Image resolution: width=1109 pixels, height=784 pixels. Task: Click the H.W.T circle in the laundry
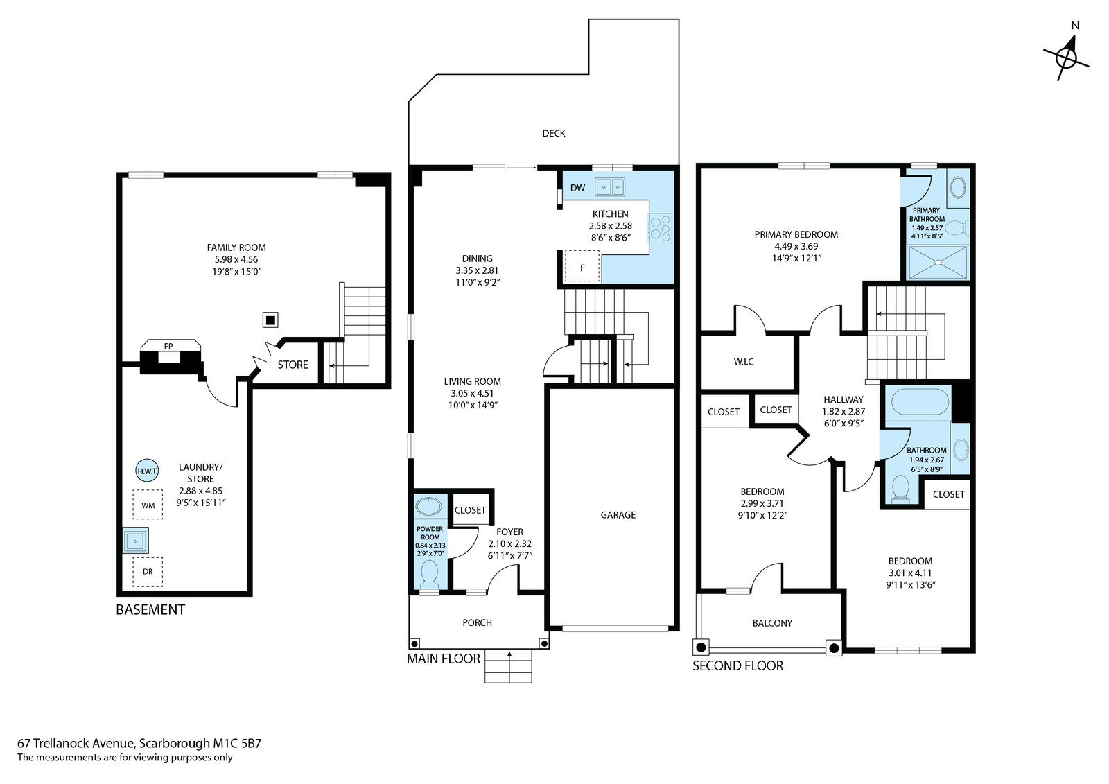tap(147, 471)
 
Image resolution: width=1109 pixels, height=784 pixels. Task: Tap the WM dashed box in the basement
tap(148, 505)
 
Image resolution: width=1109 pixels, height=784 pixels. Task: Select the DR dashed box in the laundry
tap(148, 571)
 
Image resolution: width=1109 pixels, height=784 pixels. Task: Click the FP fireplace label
tap(168, 346)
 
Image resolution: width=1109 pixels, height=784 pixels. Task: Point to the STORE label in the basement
tap(292, 365)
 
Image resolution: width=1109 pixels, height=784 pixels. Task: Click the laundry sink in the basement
tap(135, 541)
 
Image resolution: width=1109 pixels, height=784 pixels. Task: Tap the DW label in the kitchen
tap(578, 188)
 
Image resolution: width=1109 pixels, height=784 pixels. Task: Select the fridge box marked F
tap(582, 266)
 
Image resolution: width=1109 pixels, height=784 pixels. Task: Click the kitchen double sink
tap(610, 187)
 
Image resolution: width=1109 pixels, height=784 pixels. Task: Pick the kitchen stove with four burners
tap(660, 228)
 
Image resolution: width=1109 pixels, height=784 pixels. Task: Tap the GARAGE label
tap(618, 515)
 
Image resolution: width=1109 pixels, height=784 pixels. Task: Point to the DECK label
tap(554, 133)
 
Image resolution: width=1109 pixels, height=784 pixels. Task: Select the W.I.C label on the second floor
tap(744, 362)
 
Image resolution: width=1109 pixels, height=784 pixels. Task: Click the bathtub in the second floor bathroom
tap(920, 401)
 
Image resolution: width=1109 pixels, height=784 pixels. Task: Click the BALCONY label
tap(772, 623)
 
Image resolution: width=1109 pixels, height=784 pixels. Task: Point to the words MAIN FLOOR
tap(444, 659)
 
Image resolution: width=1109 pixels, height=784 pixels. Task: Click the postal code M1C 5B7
tap(237, 743)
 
